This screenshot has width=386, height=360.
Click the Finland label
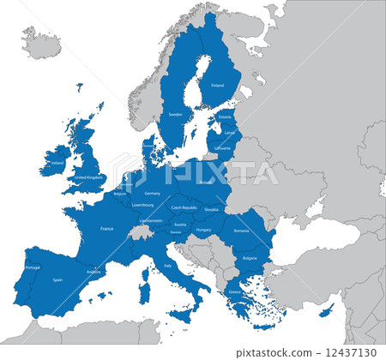click(x=217, y=85)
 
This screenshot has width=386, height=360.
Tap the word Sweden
click(x=175, y=114)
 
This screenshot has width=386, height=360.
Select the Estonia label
click(x=226, y=117)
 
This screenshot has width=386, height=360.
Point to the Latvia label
click(x=228, y=132)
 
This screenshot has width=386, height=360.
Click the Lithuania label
click(x=223, y=147)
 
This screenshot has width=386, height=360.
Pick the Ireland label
click(x=57, y=161)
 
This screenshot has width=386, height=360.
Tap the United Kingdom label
click(x=88, y=177)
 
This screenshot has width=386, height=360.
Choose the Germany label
click(x=153, y=193)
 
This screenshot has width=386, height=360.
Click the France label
click(x=107, y=229)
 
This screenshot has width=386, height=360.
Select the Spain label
click(x=57, y=279)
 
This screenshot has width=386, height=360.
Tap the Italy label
click(x=167, y=265)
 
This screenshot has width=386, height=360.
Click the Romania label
click(x=241, y=230)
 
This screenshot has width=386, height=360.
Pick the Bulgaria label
click(x=250, y=258)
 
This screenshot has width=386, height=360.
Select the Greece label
click(x=235, y=292)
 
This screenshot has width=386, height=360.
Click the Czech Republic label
click(x=184, y=207)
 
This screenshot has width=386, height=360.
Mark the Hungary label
click(x=203, y=230)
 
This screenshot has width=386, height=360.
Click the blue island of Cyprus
click(x=327, y=311)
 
